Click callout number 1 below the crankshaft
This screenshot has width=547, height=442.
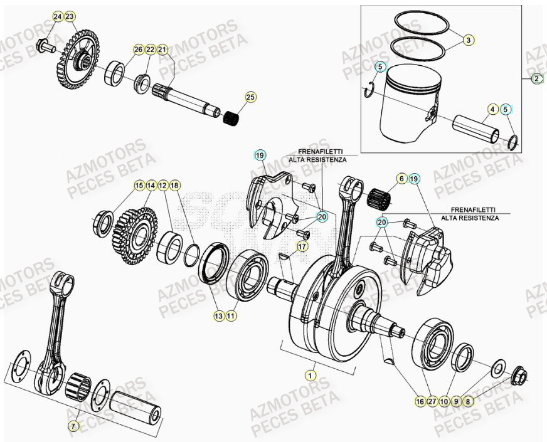[x=309, y=376]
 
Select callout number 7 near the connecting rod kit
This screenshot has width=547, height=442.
[x=73, y=426]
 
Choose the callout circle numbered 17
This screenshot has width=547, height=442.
[x=302, y=246]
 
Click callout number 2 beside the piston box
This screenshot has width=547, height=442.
[x=537, y=79]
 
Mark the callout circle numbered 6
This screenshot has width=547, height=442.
[x=401, y=179]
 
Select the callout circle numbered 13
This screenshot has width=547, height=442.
[x=218, y=317]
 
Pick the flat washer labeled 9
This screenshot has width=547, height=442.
[x=500, y=367]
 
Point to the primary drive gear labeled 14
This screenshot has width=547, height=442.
[x=135, y=235]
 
